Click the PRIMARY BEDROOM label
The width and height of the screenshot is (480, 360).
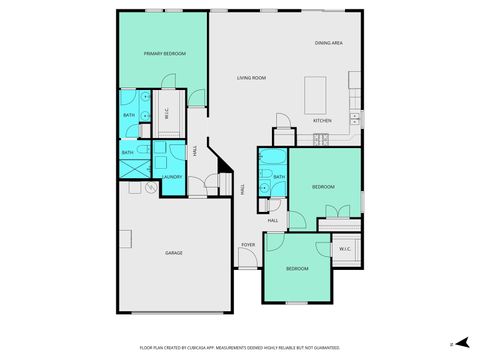point(165,54)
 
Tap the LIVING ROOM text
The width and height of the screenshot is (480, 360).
point(251,78)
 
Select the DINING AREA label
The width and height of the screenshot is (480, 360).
point(329,43)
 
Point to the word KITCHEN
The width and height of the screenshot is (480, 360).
point(322,121)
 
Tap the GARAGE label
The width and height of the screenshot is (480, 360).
point(174,253)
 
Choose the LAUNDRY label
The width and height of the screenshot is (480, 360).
point(171,178)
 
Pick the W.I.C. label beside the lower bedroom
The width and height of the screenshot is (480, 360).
point(345,249)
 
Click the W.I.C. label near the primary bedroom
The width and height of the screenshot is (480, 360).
point(166,113)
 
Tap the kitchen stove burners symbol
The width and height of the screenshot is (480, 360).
point(321,140)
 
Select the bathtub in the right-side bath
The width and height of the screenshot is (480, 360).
point(265,175)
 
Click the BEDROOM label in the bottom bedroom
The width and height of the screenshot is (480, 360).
point(298,269)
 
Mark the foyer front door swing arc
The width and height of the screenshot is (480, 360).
point(248,260)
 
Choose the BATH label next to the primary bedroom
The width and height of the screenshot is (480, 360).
point(129,115)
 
